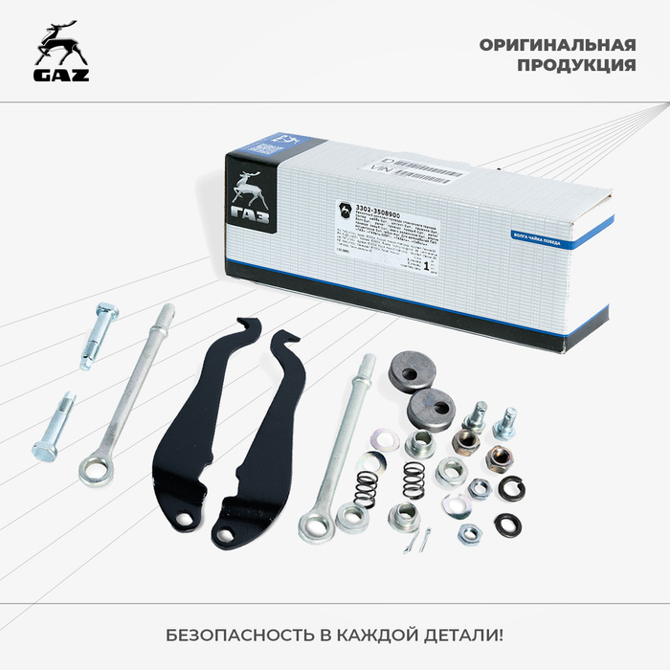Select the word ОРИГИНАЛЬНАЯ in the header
click(558, 45)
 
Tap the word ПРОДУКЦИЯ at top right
click(576, 66)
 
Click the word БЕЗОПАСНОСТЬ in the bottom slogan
click(234, 636)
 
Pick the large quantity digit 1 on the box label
click(424, 269)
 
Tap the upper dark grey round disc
click(412, 369)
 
